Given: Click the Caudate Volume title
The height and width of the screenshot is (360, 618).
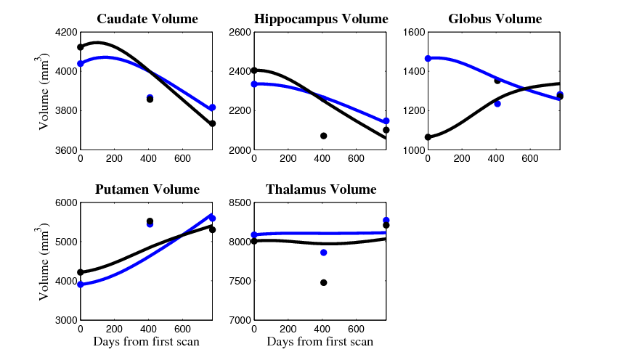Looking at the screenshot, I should [147, 19].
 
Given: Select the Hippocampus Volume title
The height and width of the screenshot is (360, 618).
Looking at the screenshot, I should [321, 19].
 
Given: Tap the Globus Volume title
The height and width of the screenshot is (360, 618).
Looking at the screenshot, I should [495, 19].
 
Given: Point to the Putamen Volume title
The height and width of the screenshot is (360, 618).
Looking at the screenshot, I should [147, 189].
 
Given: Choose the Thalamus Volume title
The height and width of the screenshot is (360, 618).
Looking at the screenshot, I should [321, 189].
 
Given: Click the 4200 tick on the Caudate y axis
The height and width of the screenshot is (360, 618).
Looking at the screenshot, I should [64, 32].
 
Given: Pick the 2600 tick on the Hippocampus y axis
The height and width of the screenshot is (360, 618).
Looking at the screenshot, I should [237, 32].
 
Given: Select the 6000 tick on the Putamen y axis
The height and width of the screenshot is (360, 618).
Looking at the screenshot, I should [64, 202].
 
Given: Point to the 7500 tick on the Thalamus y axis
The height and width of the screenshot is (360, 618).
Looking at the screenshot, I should [237, 281].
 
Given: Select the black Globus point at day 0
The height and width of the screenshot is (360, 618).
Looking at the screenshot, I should [428, 137].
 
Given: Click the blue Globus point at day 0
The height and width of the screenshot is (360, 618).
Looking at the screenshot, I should [428, 58].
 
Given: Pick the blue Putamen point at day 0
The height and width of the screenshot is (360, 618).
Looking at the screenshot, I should [80, 285].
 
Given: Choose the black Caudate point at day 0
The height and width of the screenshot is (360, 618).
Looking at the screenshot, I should [80, 47].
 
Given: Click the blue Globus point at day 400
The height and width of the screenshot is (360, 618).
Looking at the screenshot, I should [497, 104].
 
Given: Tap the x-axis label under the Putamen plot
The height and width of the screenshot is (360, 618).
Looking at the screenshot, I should [147, 342].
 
